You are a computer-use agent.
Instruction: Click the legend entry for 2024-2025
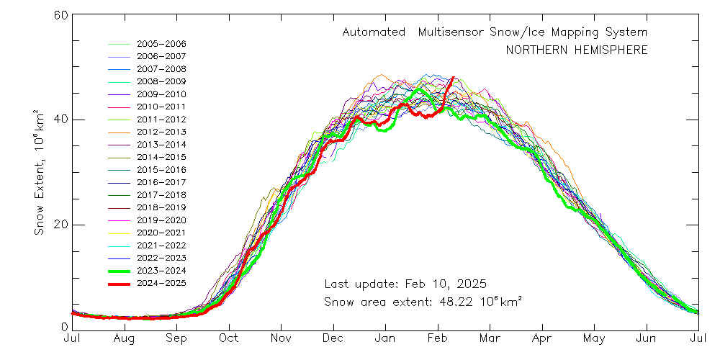(161, 283)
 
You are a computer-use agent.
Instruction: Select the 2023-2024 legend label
(161, 270)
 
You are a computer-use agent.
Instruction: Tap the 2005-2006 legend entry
(161, 44)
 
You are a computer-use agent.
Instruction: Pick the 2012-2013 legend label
(161, 132)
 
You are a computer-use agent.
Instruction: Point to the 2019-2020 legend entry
(161, 220)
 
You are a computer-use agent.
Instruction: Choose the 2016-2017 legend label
(161, 182)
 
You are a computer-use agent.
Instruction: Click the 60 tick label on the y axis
(60, 15)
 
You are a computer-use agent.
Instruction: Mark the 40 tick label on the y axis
(60, 120)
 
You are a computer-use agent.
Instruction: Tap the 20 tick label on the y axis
(60, 224)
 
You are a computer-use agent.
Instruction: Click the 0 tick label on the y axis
(63, 328)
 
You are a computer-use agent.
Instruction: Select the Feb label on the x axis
(438, 338)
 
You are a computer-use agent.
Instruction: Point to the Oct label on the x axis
(229, 338)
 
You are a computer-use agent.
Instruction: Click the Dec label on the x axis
(333, 338)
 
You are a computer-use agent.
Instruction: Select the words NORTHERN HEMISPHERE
(576, 50)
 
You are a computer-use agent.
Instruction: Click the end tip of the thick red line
(453, 77)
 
